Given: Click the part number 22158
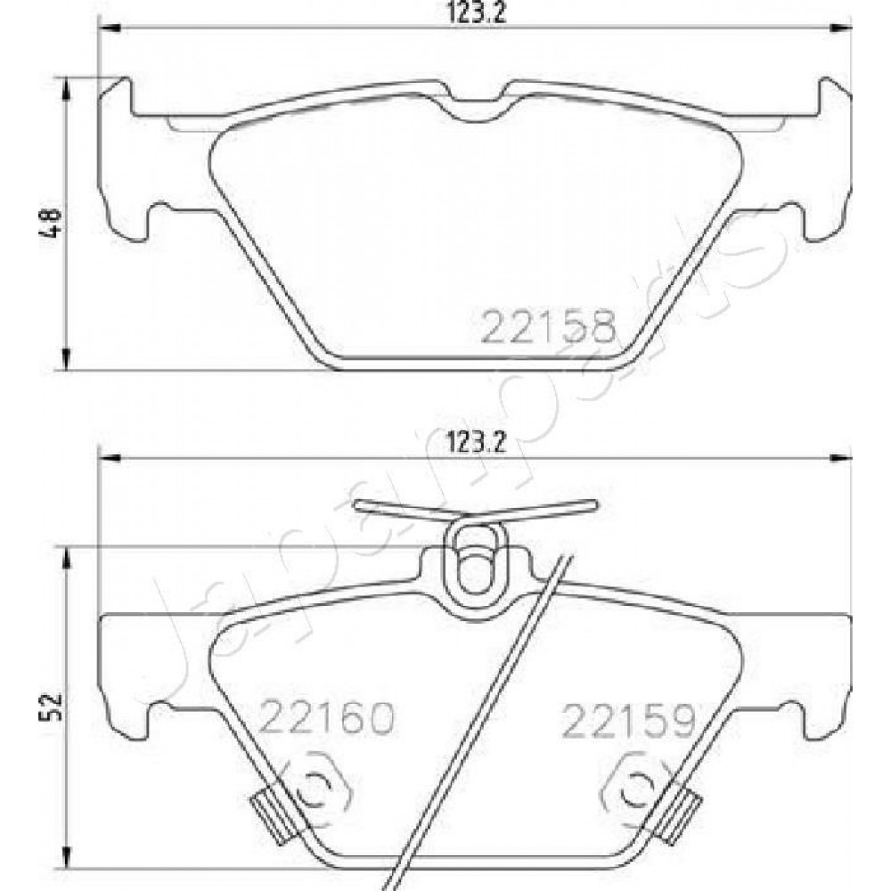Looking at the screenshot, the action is [549, 326].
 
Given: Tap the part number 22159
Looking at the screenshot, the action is [628, 721].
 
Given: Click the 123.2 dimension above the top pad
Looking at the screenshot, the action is [476, 12].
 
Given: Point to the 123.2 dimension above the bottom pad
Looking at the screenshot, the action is [476, 442].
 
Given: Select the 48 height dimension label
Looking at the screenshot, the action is [50, 222].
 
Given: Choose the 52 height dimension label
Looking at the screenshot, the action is [50, 707].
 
